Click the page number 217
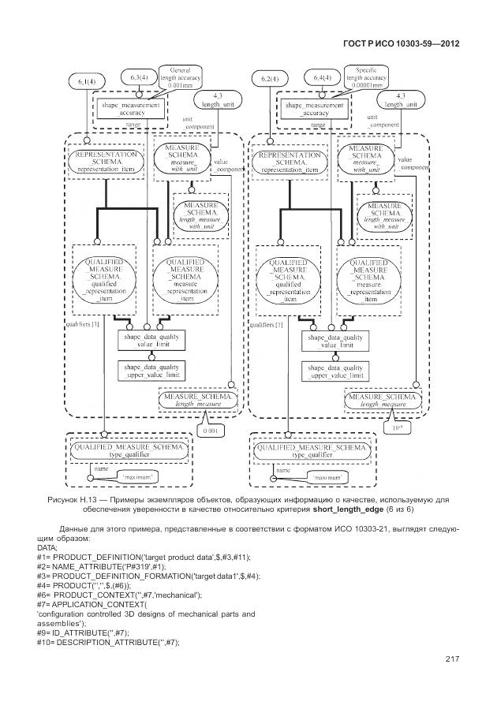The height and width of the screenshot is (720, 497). (452, 659)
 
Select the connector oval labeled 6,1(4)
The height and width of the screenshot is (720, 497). (85, 81)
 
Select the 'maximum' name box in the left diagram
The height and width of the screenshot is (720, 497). (135, 478)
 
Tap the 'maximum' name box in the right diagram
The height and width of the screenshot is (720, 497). (319, 478)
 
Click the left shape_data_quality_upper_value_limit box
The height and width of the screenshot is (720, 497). (151, 371)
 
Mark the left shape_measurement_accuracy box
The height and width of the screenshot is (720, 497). (130, 109)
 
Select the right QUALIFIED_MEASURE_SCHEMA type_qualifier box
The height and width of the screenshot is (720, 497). (311, 452)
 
